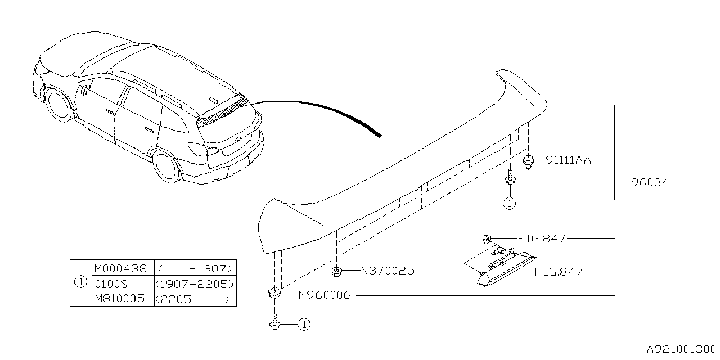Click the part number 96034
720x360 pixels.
click(x=650, y=183)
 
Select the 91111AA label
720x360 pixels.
click(x=568, y=160)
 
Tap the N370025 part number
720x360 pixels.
click(x=387, y=271)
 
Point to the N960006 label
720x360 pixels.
click(x=324, y=295)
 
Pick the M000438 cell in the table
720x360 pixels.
click(x=120, y=267)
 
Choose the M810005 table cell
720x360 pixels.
click(x=120, y=299)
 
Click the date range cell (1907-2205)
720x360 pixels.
click(x=194, y=283)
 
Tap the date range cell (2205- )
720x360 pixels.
click(x=194, y=299)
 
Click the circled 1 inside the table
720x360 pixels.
click(x=80, y=283)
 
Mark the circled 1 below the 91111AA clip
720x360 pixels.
click(x=509, y=204)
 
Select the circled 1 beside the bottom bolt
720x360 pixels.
click(x=303, y=324)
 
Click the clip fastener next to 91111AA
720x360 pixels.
click(x=528, y=161)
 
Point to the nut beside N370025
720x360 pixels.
click(x=336, y=272)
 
